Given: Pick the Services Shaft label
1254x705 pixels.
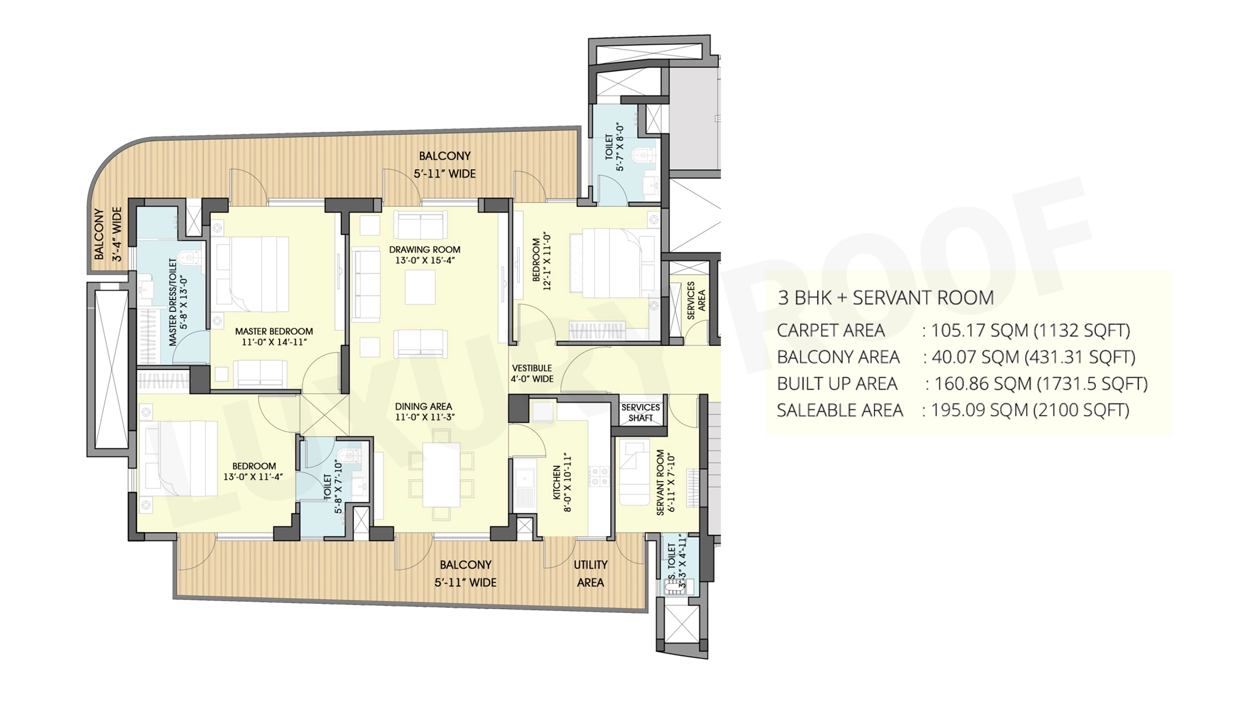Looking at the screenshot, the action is pyautogui.click(x=640, y=413).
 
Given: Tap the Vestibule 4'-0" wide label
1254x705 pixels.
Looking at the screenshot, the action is pyautogui.click(x=532, y=373).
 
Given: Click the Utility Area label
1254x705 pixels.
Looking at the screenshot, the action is pyautogui.click(x=590, y=573).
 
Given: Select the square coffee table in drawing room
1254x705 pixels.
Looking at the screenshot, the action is pyautogui.click(x=420, y=287).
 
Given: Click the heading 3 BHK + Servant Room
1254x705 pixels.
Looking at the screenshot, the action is pyautogui.click(x=886, y=298).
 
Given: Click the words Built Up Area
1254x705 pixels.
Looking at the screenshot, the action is pyautogui.click(x=837, y=384).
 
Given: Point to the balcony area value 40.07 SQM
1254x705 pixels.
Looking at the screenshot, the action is pyautogui.click(x=972, y=357).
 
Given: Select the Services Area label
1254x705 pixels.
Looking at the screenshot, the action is pyautogui.click(x=696, y=301).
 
